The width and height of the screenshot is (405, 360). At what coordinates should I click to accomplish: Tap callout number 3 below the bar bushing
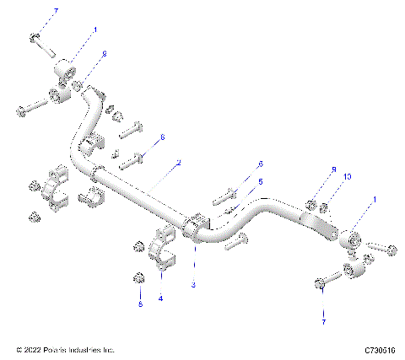tap(193, 286)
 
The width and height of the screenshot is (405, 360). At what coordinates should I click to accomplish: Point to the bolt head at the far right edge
tap(392, 248)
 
